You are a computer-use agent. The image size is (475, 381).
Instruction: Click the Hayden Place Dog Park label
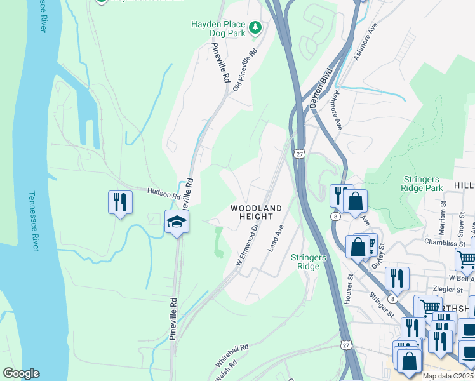point(218,29)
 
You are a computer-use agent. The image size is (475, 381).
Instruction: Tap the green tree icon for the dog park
point(255,27)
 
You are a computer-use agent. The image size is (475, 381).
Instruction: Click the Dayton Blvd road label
point(321,88)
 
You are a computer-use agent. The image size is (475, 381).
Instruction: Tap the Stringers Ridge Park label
point(422,184)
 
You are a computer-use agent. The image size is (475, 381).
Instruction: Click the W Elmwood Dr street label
point(248,243)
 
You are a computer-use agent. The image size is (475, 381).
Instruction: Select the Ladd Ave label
point(275,238)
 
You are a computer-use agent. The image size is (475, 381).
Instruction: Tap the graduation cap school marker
point(177,221)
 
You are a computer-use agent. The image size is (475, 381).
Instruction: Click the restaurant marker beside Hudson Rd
point(119,202)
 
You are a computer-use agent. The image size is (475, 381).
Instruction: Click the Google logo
point(21,373)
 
